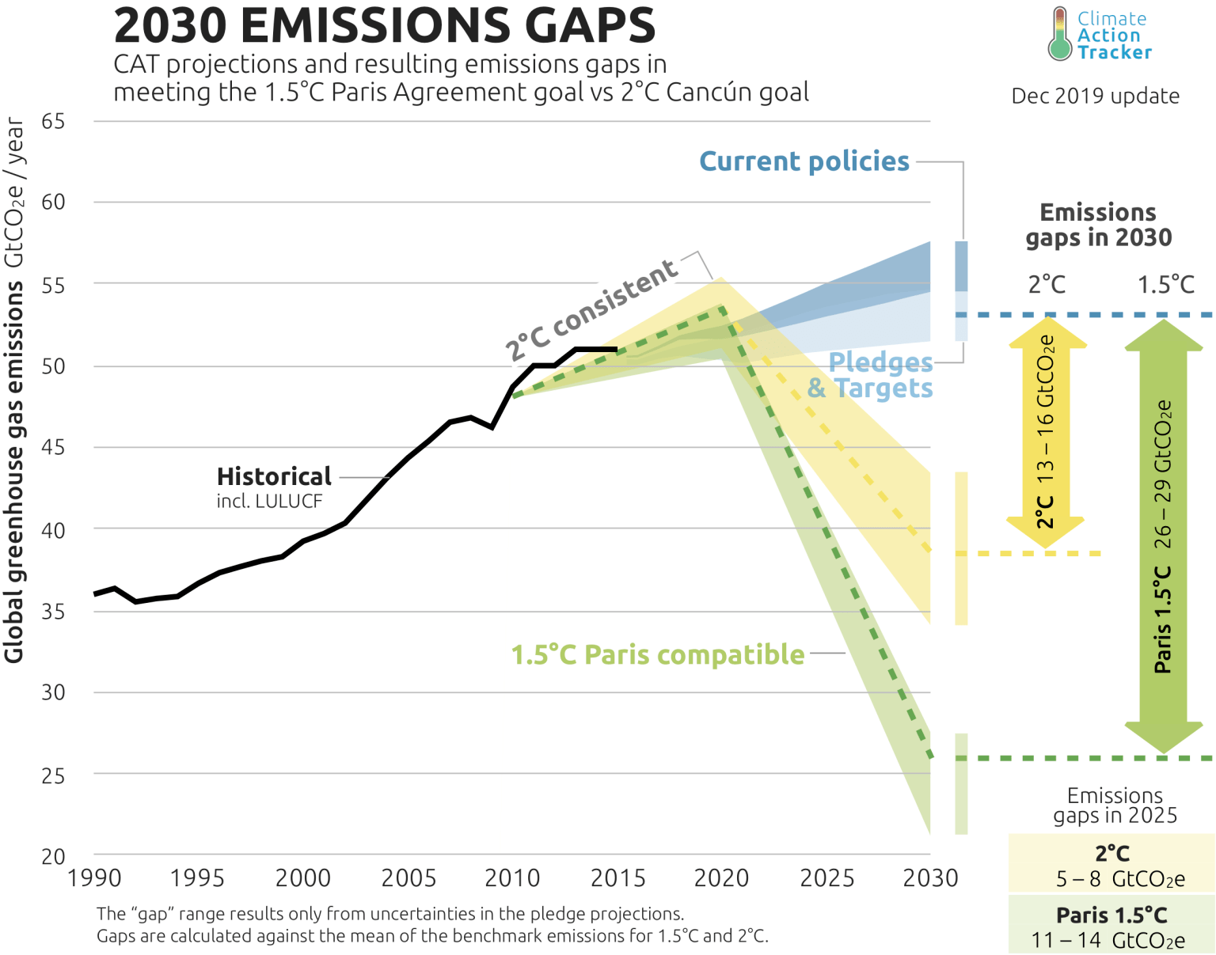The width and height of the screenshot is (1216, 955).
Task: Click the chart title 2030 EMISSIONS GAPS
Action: click(385, 25)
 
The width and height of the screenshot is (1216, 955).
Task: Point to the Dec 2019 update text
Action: click(1095, 97)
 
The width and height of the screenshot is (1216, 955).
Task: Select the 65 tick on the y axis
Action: click(53, 122)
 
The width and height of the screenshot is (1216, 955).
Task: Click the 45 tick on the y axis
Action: click(53, 448)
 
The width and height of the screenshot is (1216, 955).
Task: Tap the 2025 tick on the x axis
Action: click(826, 878)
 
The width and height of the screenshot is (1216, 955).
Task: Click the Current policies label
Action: click(804, 161)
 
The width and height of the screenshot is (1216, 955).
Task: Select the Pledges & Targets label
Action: click(871, 376)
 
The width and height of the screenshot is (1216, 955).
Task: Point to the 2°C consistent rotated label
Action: click(592, 309)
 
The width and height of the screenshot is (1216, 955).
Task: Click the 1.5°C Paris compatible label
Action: click(657, 655)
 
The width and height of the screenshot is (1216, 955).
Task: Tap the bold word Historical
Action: click(274, 476)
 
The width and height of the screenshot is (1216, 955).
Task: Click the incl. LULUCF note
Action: click(269, 501)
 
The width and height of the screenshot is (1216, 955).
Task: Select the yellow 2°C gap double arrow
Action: click(1046, 433)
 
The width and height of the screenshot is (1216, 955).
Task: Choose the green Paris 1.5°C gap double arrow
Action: click(1163, 536)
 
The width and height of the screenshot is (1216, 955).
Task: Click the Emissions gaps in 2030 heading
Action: click(1098, 225)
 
